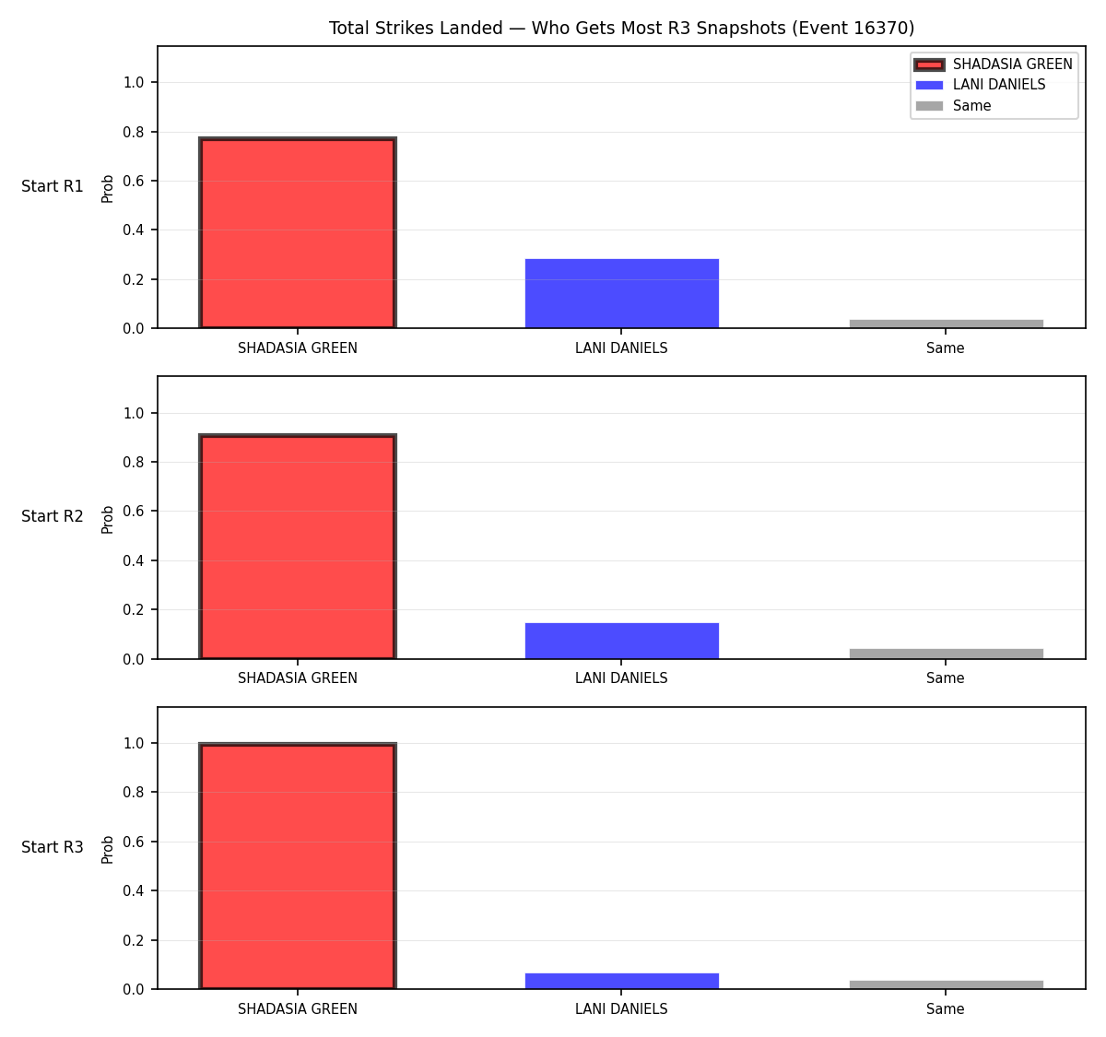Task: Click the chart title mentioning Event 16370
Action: pyautogui.click(x=621, y=28)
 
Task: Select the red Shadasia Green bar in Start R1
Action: pyautogui.click(x=298, y=232)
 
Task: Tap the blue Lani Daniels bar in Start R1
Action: pyautogui.click(x=621, y=293)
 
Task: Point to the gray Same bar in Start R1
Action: pyautogui.click(x=946, y=324)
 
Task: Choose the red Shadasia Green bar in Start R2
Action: pyautogui.click(x=298, y=546)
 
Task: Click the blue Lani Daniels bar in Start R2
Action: pyautogui.click(x=621, y=641)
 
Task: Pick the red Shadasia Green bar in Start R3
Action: pyautogui.click(x=298, y=866)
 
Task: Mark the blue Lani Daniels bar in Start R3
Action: pyautogui.click(x=621, y=981)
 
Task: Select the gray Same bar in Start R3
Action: pyautogui.click(x=946, y=984)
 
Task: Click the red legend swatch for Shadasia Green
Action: pyautogui.click(x=929, y=65)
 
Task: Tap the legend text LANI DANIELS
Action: pyautogui.click(x=998, y=85)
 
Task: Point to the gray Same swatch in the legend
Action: pyautogui.click(x=929, y=106)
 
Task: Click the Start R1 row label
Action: pyautogui.click(x=53, y=186)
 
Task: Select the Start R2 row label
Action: pyautogui.click(x=53, y=516)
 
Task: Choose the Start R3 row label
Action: pyautogui.click(x=53, y=847)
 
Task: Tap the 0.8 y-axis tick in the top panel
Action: pyautogui.click(x=133, y=132)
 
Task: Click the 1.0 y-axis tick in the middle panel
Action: pyautogui.click(x=133, y=413)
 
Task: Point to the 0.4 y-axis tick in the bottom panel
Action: pyautogui.click(x=133, y=890)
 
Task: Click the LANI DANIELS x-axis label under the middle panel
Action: pyautogui.click(x=621, y=678)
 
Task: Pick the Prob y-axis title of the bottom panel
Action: pyautogui.click(x=108, y=850)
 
